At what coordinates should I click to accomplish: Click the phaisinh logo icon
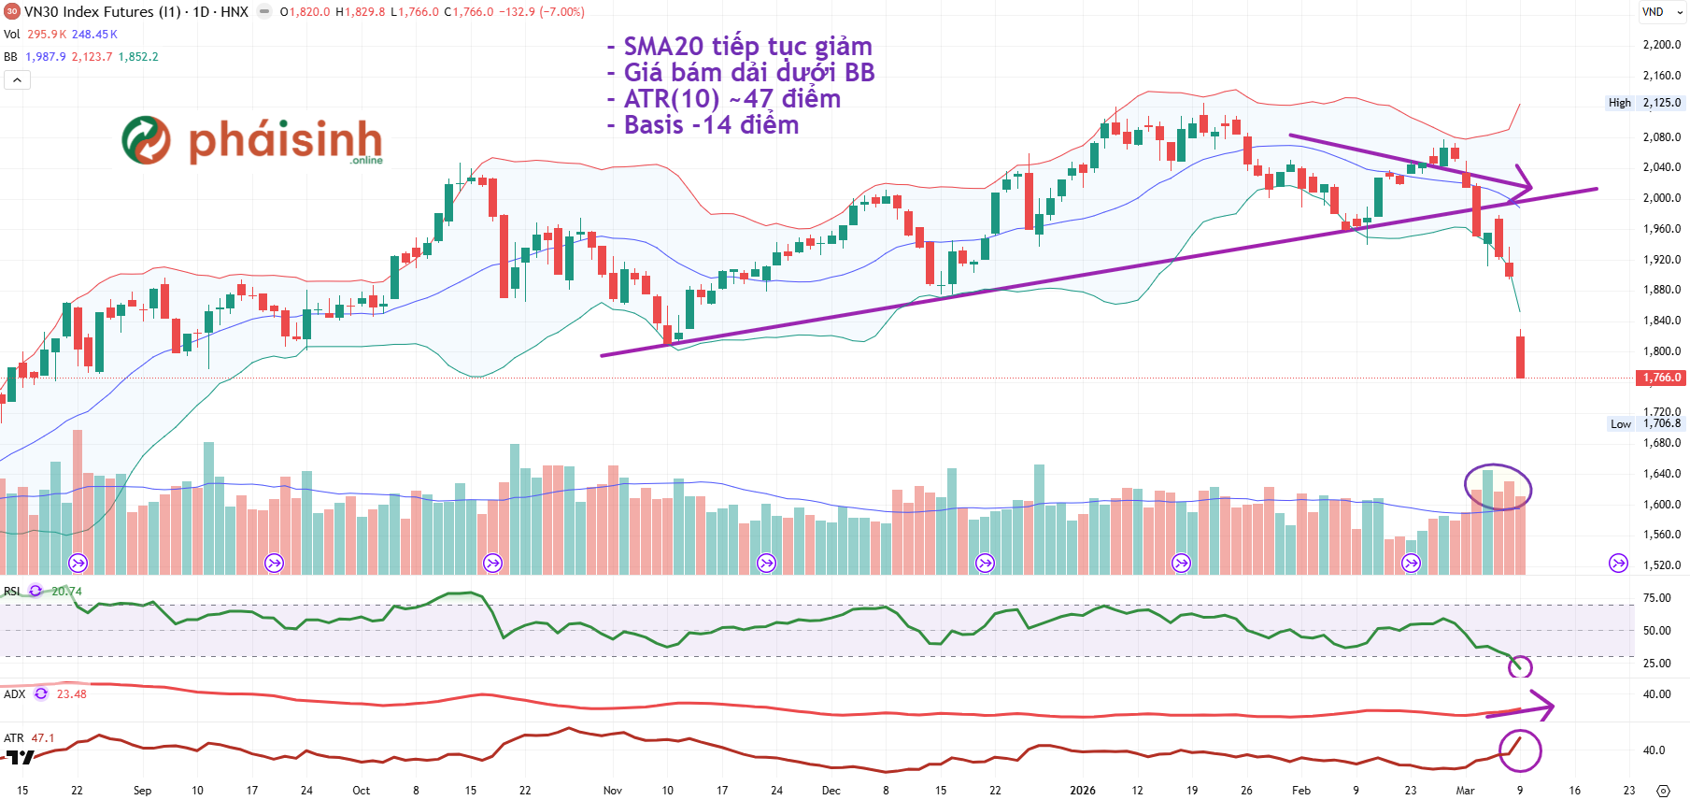[x=147, y=140]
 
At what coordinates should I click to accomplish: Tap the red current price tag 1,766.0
[x=1662, y=378]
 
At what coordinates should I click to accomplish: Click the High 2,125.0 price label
[x=1644, y=103]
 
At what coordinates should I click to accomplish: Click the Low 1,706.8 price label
[x=1645, y=423]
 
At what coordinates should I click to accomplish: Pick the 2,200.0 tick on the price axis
[x=1661, y=45]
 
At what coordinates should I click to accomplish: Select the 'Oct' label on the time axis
[x=361, y=790]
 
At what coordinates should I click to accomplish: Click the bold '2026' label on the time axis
[x=1083, y=790]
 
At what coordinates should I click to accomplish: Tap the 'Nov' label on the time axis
[x=612, y=790]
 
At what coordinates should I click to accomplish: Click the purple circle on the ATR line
[x=1520, y=750]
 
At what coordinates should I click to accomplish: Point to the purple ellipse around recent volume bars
[x=1498, y=487]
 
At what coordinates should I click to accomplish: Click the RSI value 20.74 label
[x=66, y=592]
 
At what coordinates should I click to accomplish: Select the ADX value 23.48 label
[x=71, y=694]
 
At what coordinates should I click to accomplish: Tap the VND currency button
[x=1653, y=12]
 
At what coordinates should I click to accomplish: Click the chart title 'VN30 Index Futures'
[x=89, y=12]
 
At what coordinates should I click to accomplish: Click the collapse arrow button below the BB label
[x=17, y=80]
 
